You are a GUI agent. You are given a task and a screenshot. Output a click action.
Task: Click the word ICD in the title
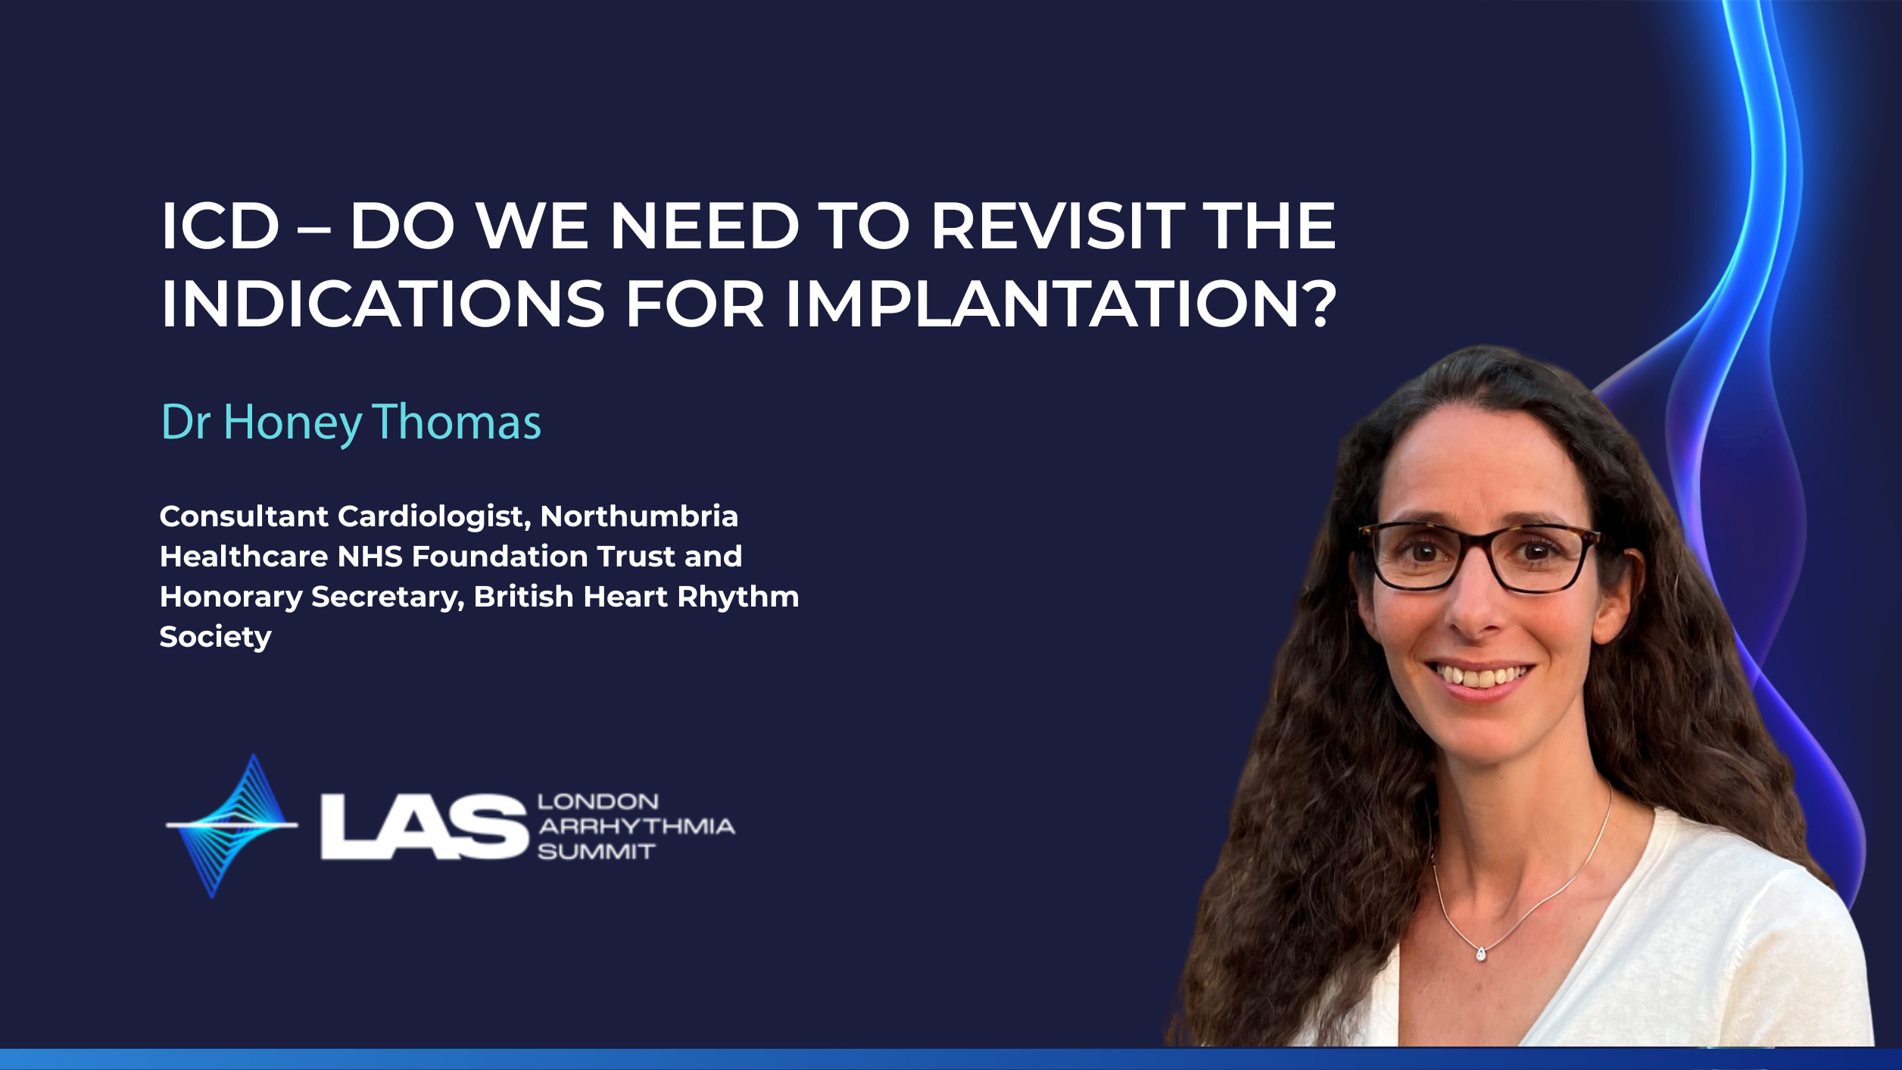[220, 226]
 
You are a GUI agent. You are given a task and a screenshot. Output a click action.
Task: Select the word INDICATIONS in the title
[383, 304]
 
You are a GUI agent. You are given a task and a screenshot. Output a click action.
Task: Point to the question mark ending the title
[1316, 304]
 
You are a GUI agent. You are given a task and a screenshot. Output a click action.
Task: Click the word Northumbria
[639, 516]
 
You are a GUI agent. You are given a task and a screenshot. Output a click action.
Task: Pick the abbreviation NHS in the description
[370, 557]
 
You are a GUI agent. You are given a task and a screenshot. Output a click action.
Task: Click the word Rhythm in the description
[738, 597]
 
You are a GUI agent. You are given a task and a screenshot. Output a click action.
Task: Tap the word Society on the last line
[216, 638]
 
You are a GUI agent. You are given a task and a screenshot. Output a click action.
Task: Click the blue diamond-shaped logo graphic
[232, 826]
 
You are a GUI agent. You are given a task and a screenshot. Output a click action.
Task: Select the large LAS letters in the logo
[424, 827]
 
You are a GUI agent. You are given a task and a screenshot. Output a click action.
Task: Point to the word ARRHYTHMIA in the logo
[637, 826]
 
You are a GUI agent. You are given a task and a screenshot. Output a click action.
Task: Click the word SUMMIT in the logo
[597, 852]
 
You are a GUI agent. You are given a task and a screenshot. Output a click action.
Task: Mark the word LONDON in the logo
[598, 801]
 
